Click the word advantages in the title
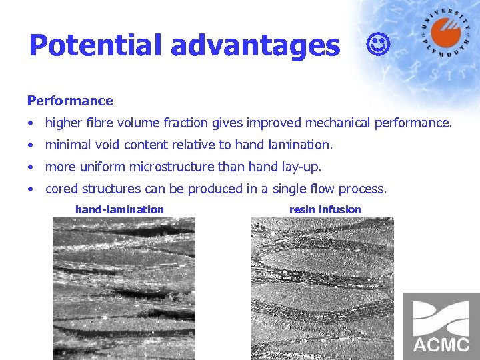pyautogui.click(x=255, y=45)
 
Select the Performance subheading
pyautogui.click(x=70, y=101)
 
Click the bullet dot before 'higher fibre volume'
pyautogui.click(x=31, y=123)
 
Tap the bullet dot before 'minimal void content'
pyautogui.click(x=31, y=145)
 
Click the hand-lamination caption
pyautogui.click(x=119, y=209)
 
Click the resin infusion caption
pyautogui.click(x=325, y=209)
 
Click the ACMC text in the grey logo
pyautogui.click(x=441, y=345)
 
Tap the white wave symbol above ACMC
pyautogui.click(x=441, y=317)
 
